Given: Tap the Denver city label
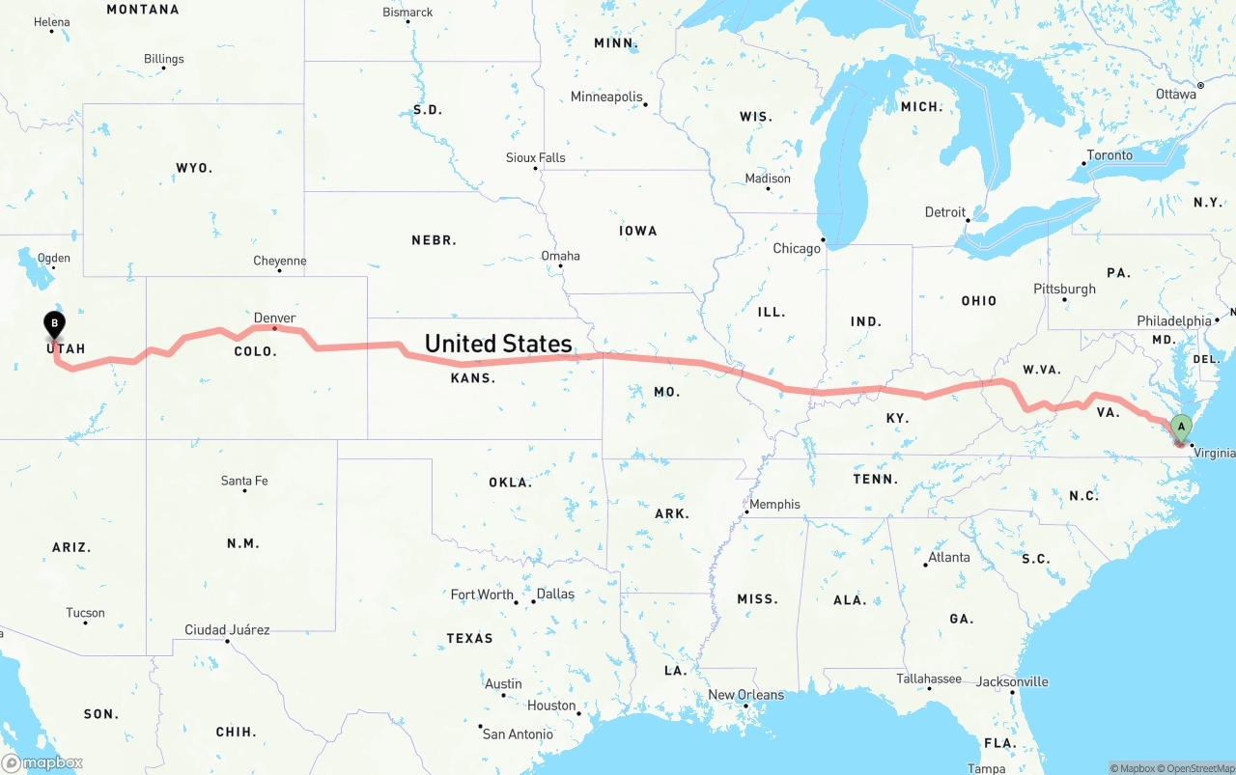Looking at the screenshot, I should tap(274, 318).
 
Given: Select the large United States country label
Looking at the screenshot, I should tap(498, 344).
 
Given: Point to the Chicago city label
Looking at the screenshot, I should tap(797, 248).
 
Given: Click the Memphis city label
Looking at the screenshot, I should tap(774, 504).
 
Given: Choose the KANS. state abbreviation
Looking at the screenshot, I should tap(473, 378).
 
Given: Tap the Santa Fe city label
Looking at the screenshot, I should tap(244, 480).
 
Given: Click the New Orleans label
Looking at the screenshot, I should tap(745, 695).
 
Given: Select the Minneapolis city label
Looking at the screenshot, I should tap(606, 97).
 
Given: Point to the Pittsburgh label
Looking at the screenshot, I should tap(1064, 289).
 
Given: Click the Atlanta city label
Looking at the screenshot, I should tap(949, 557).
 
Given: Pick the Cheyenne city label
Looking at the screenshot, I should tap(280, 261).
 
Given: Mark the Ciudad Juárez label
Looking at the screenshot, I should tap(227, 629).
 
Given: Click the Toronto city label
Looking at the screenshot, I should tap(1110, 154).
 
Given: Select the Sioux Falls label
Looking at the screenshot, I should tap(536, 157).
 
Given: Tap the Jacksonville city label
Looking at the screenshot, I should tap(1011, 681).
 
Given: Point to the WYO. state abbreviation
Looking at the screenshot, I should tap(194, 168).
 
